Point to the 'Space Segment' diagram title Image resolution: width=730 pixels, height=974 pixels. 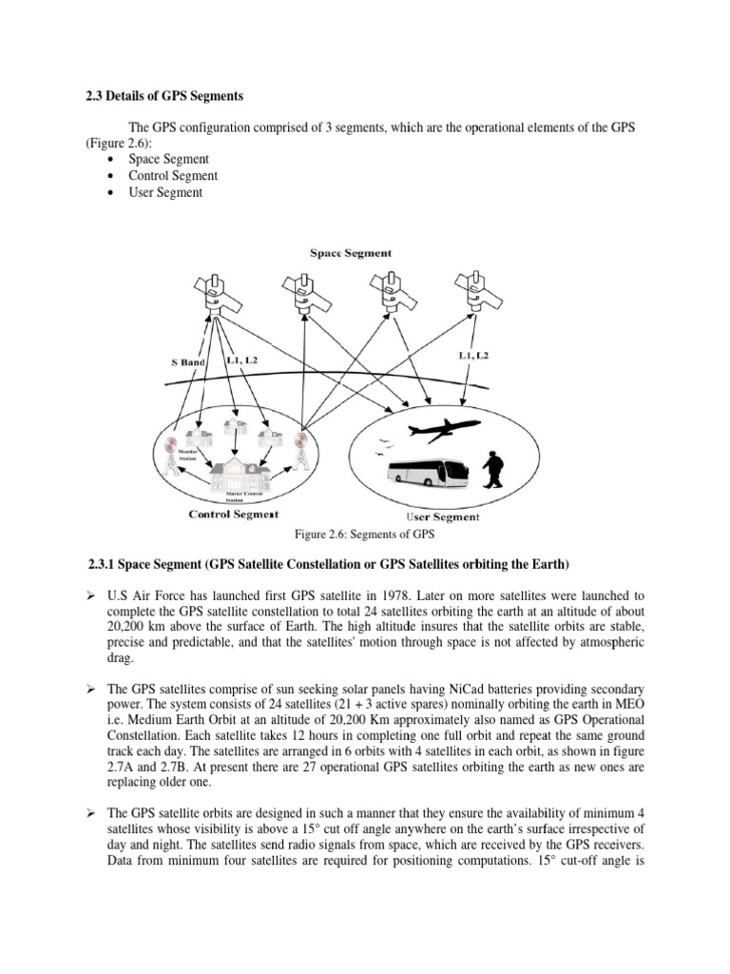(351, 253)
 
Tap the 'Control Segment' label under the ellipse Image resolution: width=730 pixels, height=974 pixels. (234, 514)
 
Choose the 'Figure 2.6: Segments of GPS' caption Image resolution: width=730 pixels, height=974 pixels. (365, 534)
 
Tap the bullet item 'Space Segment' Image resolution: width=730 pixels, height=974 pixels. (168, 159)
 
